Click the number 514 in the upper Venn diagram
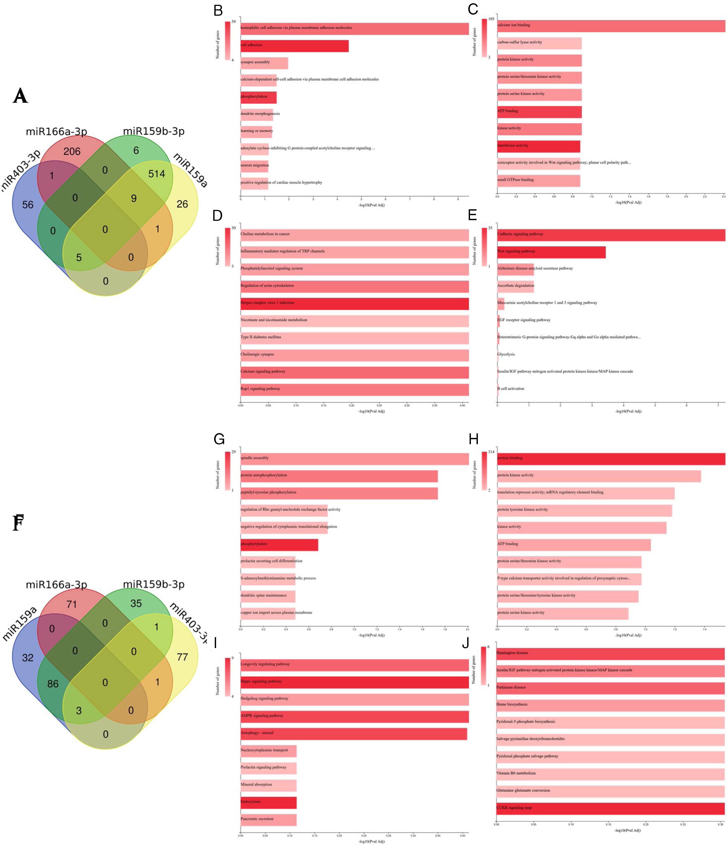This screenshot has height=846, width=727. coord(157,174)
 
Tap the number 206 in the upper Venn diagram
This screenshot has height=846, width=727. coord(72,152)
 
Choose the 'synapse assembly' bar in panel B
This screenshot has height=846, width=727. coord(264,62)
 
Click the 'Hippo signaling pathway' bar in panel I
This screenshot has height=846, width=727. coord(354,681)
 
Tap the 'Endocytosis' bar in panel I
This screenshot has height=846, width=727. coord(268,802)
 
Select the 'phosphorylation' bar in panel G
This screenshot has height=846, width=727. coord(279,544)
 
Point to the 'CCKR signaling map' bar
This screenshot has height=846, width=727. coord(610,808)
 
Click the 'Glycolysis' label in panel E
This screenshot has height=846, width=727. coord(506,355)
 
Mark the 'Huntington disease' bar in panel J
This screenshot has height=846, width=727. coord(610,653)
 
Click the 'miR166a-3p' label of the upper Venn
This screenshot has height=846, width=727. coord(56,132)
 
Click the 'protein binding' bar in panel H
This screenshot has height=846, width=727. coord(611,458)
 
